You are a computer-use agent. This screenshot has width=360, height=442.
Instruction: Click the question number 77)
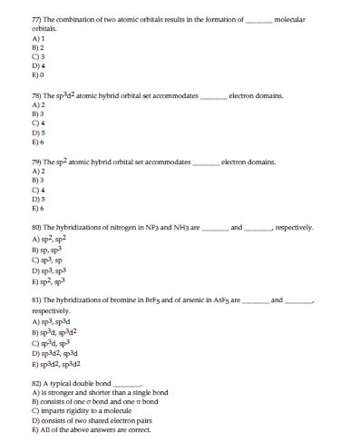point(37,18)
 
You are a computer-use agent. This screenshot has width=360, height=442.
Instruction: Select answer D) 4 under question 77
point(37,67)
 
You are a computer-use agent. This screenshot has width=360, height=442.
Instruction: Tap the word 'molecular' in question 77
point(291,18)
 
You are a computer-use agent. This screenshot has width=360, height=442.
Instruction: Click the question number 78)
point(37,95)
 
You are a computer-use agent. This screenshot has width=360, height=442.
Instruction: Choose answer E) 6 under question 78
point(37,142)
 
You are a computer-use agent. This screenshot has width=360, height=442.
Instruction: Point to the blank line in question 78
point(212,95)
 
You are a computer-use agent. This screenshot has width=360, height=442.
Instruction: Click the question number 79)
point(37,162)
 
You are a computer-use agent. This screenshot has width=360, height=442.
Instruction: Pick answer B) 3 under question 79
point(37,181)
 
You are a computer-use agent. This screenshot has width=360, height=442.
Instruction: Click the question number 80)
point(37,227)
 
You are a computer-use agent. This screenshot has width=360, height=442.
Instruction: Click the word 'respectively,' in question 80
point(293,227)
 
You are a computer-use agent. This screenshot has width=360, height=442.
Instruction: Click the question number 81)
point(37,299)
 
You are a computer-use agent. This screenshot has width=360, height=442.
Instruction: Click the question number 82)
point(37,383)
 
